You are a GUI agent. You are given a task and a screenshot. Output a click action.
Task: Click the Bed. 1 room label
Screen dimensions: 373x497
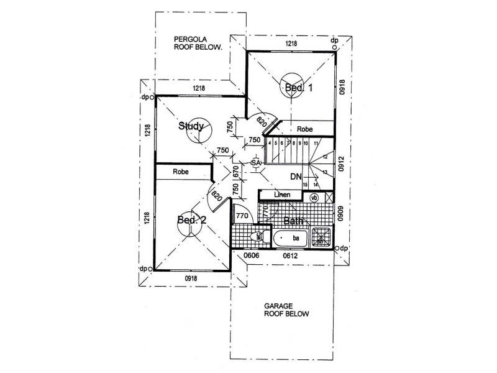298,88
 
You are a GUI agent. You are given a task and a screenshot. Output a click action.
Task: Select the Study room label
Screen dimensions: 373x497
191,126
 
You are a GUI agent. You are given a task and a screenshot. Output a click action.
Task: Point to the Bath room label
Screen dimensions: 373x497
293,221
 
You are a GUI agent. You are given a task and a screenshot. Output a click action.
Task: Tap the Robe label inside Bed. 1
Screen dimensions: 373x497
304,129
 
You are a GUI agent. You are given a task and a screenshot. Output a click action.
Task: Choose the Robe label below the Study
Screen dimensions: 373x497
181,171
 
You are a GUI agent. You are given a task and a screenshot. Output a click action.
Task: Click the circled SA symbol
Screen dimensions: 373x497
255,163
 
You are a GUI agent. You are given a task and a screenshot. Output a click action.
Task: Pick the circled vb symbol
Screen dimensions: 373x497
314,197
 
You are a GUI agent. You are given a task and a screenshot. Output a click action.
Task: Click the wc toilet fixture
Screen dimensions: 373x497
257,237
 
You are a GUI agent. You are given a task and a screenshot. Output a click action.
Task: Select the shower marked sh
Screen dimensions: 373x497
322,235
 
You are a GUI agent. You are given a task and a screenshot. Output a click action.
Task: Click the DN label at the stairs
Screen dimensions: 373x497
296,177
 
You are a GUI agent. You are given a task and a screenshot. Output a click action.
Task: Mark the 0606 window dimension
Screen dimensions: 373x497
251,255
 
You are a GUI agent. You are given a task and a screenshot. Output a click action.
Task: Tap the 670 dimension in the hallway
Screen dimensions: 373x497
236,170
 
